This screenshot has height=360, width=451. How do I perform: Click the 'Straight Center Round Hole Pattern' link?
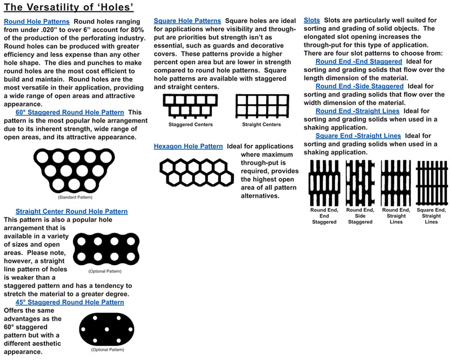coord(72,211)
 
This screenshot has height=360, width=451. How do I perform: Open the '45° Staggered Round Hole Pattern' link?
coord(70,302)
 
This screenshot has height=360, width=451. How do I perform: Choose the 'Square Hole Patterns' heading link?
coord(188,21)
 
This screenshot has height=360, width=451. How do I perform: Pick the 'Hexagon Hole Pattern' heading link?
coord(189,146)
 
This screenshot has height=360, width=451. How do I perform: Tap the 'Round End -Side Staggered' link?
coord(360,86)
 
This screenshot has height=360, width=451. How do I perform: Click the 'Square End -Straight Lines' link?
coord(359,136)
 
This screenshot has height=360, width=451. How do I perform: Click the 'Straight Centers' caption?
coord(261,125)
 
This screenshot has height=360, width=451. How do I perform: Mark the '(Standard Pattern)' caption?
coord(75,198)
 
